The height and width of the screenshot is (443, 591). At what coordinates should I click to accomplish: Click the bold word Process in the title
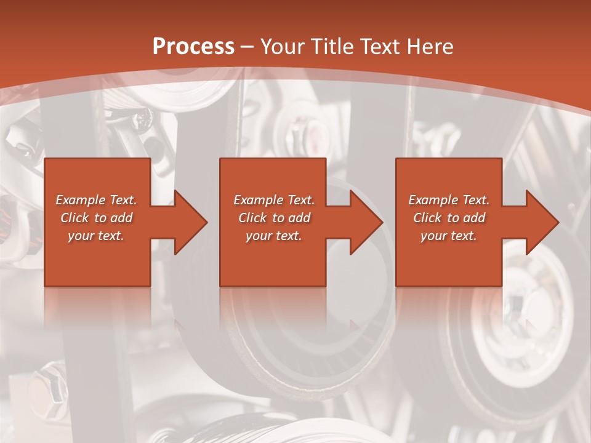tap(193, 47)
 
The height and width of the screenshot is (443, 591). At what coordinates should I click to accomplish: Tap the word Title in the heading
tap(332, 47)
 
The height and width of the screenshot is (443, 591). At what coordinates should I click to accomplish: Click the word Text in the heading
tap(380, 47)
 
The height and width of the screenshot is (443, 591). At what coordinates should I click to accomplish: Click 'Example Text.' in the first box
tap(97, 200)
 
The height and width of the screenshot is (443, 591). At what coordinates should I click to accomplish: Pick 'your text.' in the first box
tap(97, 236)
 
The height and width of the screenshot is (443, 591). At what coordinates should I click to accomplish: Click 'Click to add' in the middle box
tap(274, 218)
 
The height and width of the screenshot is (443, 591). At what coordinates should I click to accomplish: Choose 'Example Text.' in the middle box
tap(274, 200)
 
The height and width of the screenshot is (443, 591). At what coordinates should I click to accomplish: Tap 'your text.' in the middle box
tap(274, 236)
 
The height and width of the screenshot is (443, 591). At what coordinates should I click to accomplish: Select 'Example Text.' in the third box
tap(449, 200)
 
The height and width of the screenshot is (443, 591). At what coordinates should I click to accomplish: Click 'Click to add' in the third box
tap(449, 218)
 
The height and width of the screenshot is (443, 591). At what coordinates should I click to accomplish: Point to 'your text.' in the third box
tap(449, 236)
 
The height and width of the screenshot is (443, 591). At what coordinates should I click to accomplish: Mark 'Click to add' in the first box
tap(97, 218)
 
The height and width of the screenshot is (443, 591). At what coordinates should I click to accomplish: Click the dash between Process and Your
tap(247, 47)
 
